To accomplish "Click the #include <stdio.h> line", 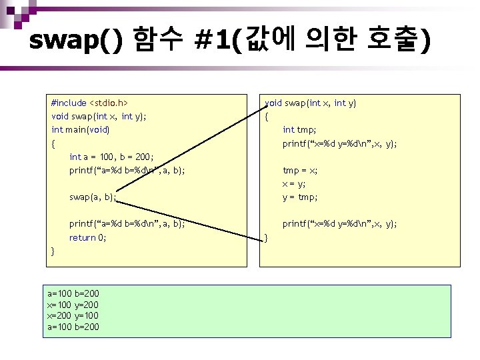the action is pos(89,103).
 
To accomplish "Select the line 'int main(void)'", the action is pos(80,129).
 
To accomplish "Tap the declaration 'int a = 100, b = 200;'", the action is pos(111,157).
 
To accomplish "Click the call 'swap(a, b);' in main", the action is pos(92,197).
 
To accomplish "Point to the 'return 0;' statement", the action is pos(87,237).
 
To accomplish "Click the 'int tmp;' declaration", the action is pos(299,129).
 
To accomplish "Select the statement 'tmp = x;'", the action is pos(300,170).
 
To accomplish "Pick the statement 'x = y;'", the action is pos(294,183).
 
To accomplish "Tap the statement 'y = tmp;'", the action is pos(300,197).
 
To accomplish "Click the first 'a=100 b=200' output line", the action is pos(73,293).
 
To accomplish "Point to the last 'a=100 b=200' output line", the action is pos(73,327).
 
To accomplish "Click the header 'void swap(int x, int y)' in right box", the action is pos(311,103).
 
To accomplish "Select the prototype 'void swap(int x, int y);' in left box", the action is pos(99,116).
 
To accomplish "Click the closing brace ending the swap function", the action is pos(266,237).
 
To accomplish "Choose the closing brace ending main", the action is pos(53,251).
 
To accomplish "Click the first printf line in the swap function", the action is pos(339,143).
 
